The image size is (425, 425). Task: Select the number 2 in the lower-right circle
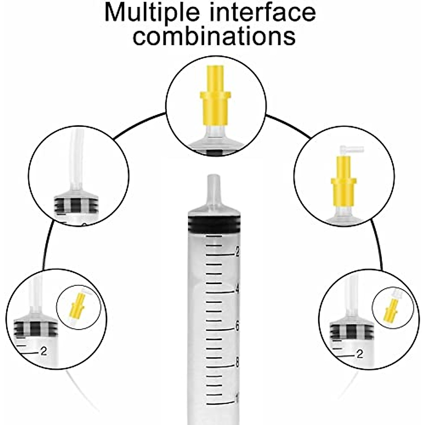click(360, 354)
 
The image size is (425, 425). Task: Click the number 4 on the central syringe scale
click(237, 289)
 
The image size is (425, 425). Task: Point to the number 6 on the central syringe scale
click(237, 326)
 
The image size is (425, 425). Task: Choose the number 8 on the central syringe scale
click(237, 363)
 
